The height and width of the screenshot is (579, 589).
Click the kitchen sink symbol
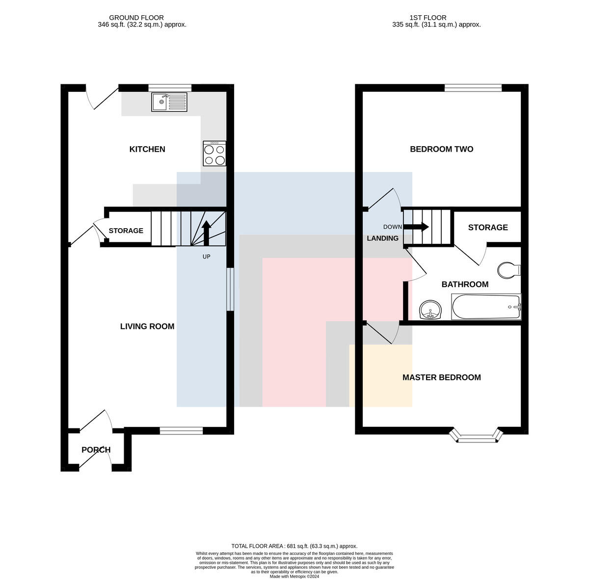coord(169,102)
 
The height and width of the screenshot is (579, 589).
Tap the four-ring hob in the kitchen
coord(214,153)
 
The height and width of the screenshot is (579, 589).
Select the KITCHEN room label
coord(147,149)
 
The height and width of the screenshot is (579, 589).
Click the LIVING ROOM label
coord(147,326)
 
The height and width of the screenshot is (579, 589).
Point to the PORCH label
coord(96,449)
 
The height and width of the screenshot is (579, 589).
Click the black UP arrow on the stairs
coord(206,233)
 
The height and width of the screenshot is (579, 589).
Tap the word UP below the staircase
coord(206,257)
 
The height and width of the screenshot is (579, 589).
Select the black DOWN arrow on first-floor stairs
coord(416,227)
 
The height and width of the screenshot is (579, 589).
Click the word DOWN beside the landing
coord(393,227)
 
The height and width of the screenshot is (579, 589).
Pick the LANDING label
coord(383,238)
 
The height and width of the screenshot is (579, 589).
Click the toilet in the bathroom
coord(509,270)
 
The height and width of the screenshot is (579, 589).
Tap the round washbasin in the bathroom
coord(430,310)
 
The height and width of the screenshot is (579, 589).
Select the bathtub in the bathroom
coord(486,307)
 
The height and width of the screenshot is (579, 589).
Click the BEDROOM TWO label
coord(441,149)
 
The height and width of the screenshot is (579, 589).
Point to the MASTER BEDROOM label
coord(441,377)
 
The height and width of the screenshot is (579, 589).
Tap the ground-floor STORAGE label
coord(126,231)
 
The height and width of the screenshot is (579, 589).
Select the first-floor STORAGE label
coord(488,228)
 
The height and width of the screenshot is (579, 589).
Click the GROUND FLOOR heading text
coord(136,18)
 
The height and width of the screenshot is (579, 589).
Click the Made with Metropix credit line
coord(294,576)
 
